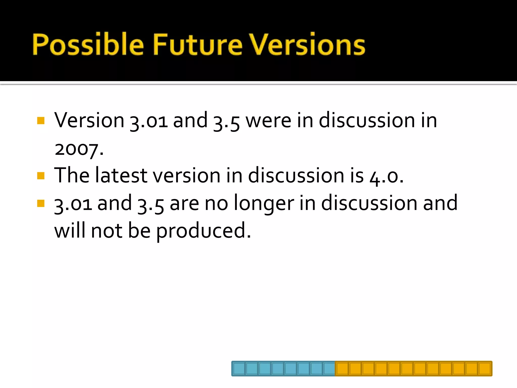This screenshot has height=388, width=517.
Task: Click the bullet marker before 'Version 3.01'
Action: pyautogui.click(x=41, y=120)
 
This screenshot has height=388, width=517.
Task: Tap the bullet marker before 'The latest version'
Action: pyautogui.click(x=41, y=176)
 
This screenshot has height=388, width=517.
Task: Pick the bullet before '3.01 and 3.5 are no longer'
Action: pyautogui.click(x=41, y=203)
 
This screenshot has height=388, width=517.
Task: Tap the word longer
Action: pyautogui.click(x=264, y=204)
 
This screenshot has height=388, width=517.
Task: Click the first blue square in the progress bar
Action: pyautogui.click(x=239, y=369)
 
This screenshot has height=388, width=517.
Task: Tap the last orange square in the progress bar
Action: pyautogui.click(x=484, y=369)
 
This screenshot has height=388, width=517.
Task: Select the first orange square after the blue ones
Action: pyautogui.click(x=342, y=369)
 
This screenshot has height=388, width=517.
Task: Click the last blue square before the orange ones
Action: pyautogui.click(x=329, y=369)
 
